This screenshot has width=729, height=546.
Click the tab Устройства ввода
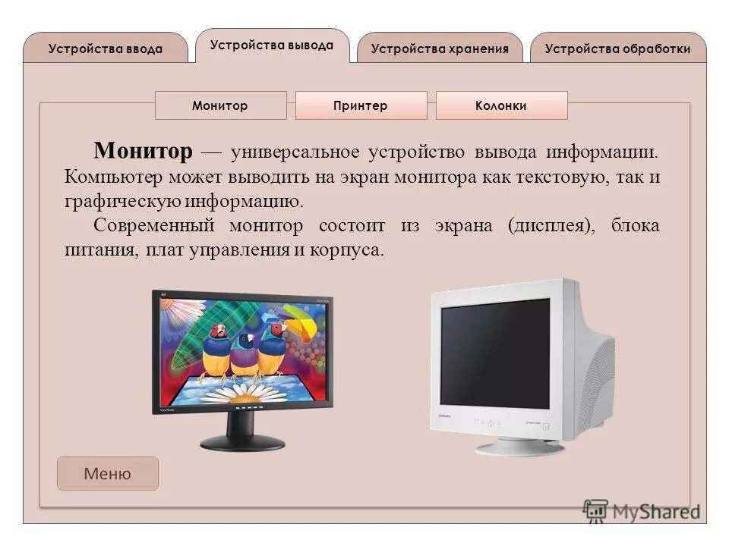click(x=105, y=49)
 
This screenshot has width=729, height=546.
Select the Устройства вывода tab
click(x=271, y=45)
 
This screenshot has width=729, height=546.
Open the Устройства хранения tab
click(x=440, y=49)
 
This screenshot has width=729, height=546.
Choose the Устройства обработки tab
click(x=617, y=49)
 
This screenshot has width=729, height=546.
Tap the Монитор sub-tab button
click(x=220, y=106)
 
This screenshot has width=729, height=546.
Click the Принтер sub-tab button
click(x=361, y=106)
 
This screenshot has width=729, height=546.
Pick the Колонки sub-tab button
click(x=501, y=106)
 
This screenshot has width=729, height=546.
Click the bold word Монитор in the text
click(x=144, y=152)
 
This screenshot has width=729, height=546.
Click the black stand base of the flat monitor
click(x=242, y=441)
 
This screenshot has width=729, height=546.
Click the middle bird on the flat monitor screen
click(x=245, y=353)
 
